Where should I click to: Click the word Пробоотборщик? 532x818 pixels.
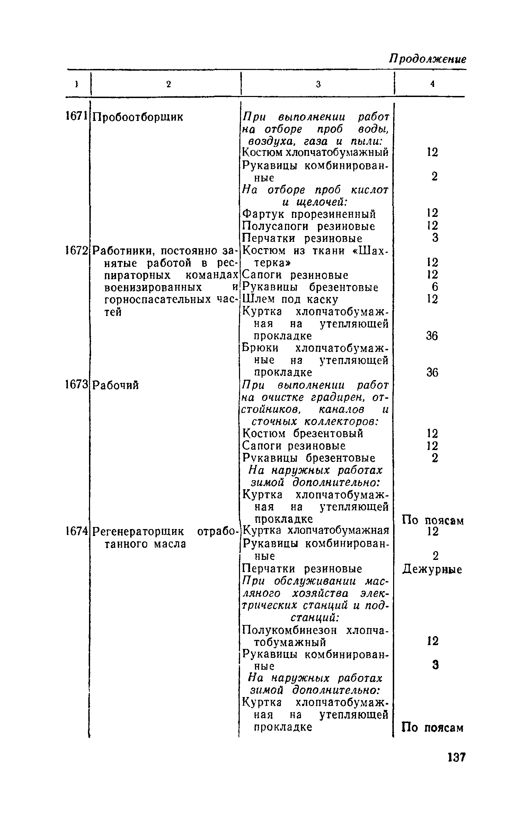coord(138,117)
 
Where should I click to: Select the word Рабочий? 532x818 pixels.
coord(116,385)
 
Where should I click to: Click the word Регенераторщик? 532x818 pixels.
coord(140,531)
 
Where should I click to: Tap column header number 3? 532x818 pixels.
coord(318,84)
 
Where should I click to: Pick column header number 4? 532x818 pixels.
coord(432,84)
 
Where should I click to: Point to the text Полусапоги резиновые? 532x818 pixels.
coord(308,227)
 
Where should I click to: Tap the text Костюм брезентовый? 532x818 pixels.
coord(303,433)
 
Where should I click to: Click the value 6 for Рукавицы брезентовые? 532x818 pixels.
coord(435,287)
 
